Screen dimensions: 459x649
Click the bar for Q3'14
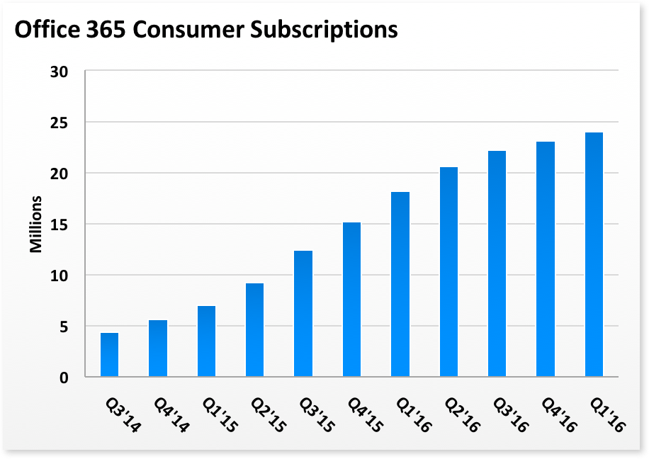(x=109, y=355)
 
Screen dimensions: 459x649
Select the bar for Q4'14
(x=158, y=348)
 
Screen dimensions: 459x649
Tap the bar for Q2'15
(x=254, y=330)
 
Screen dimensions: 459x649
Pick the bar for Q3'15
(x=303, y=314)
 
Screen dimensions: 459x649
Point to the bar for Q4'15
(x=351, y=300)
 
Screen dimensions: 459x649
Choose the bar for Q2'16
(x=448, y=272)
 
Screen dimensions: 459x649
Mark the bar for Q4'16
(x=546, y=259)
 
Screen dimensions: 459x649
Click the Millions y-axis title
(x=36, y=224)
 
